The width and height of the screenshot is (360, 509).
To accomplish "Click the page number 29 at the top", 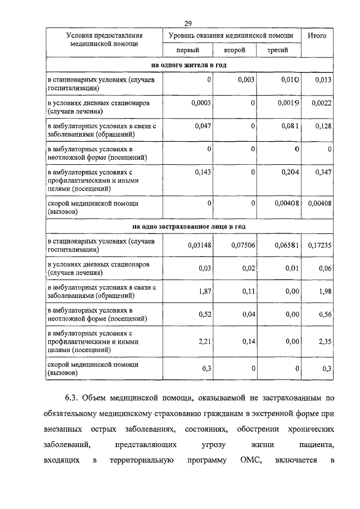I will pyautogui.click(x=188, y=23).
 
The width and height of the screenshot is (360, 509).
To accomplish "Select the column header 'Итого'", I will pyautogui.click(x=317, y=35).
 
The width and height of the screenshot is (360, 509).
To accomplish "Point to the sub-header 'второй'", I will pyautogui.click(x=234, y=51).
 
